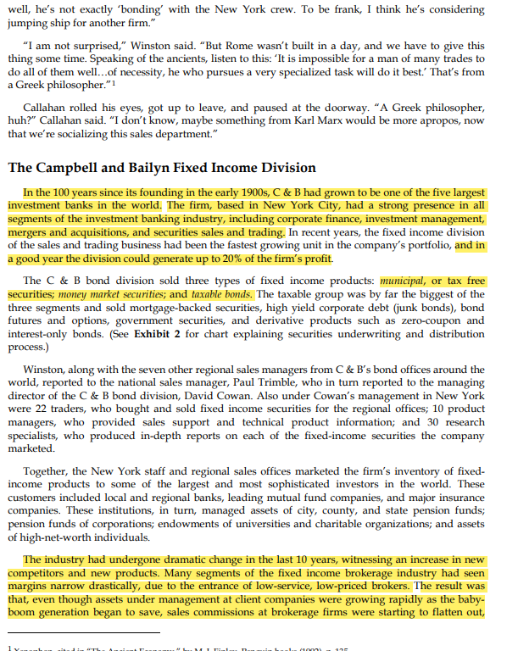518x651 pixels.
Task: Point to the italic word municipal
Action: point(406,281)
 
